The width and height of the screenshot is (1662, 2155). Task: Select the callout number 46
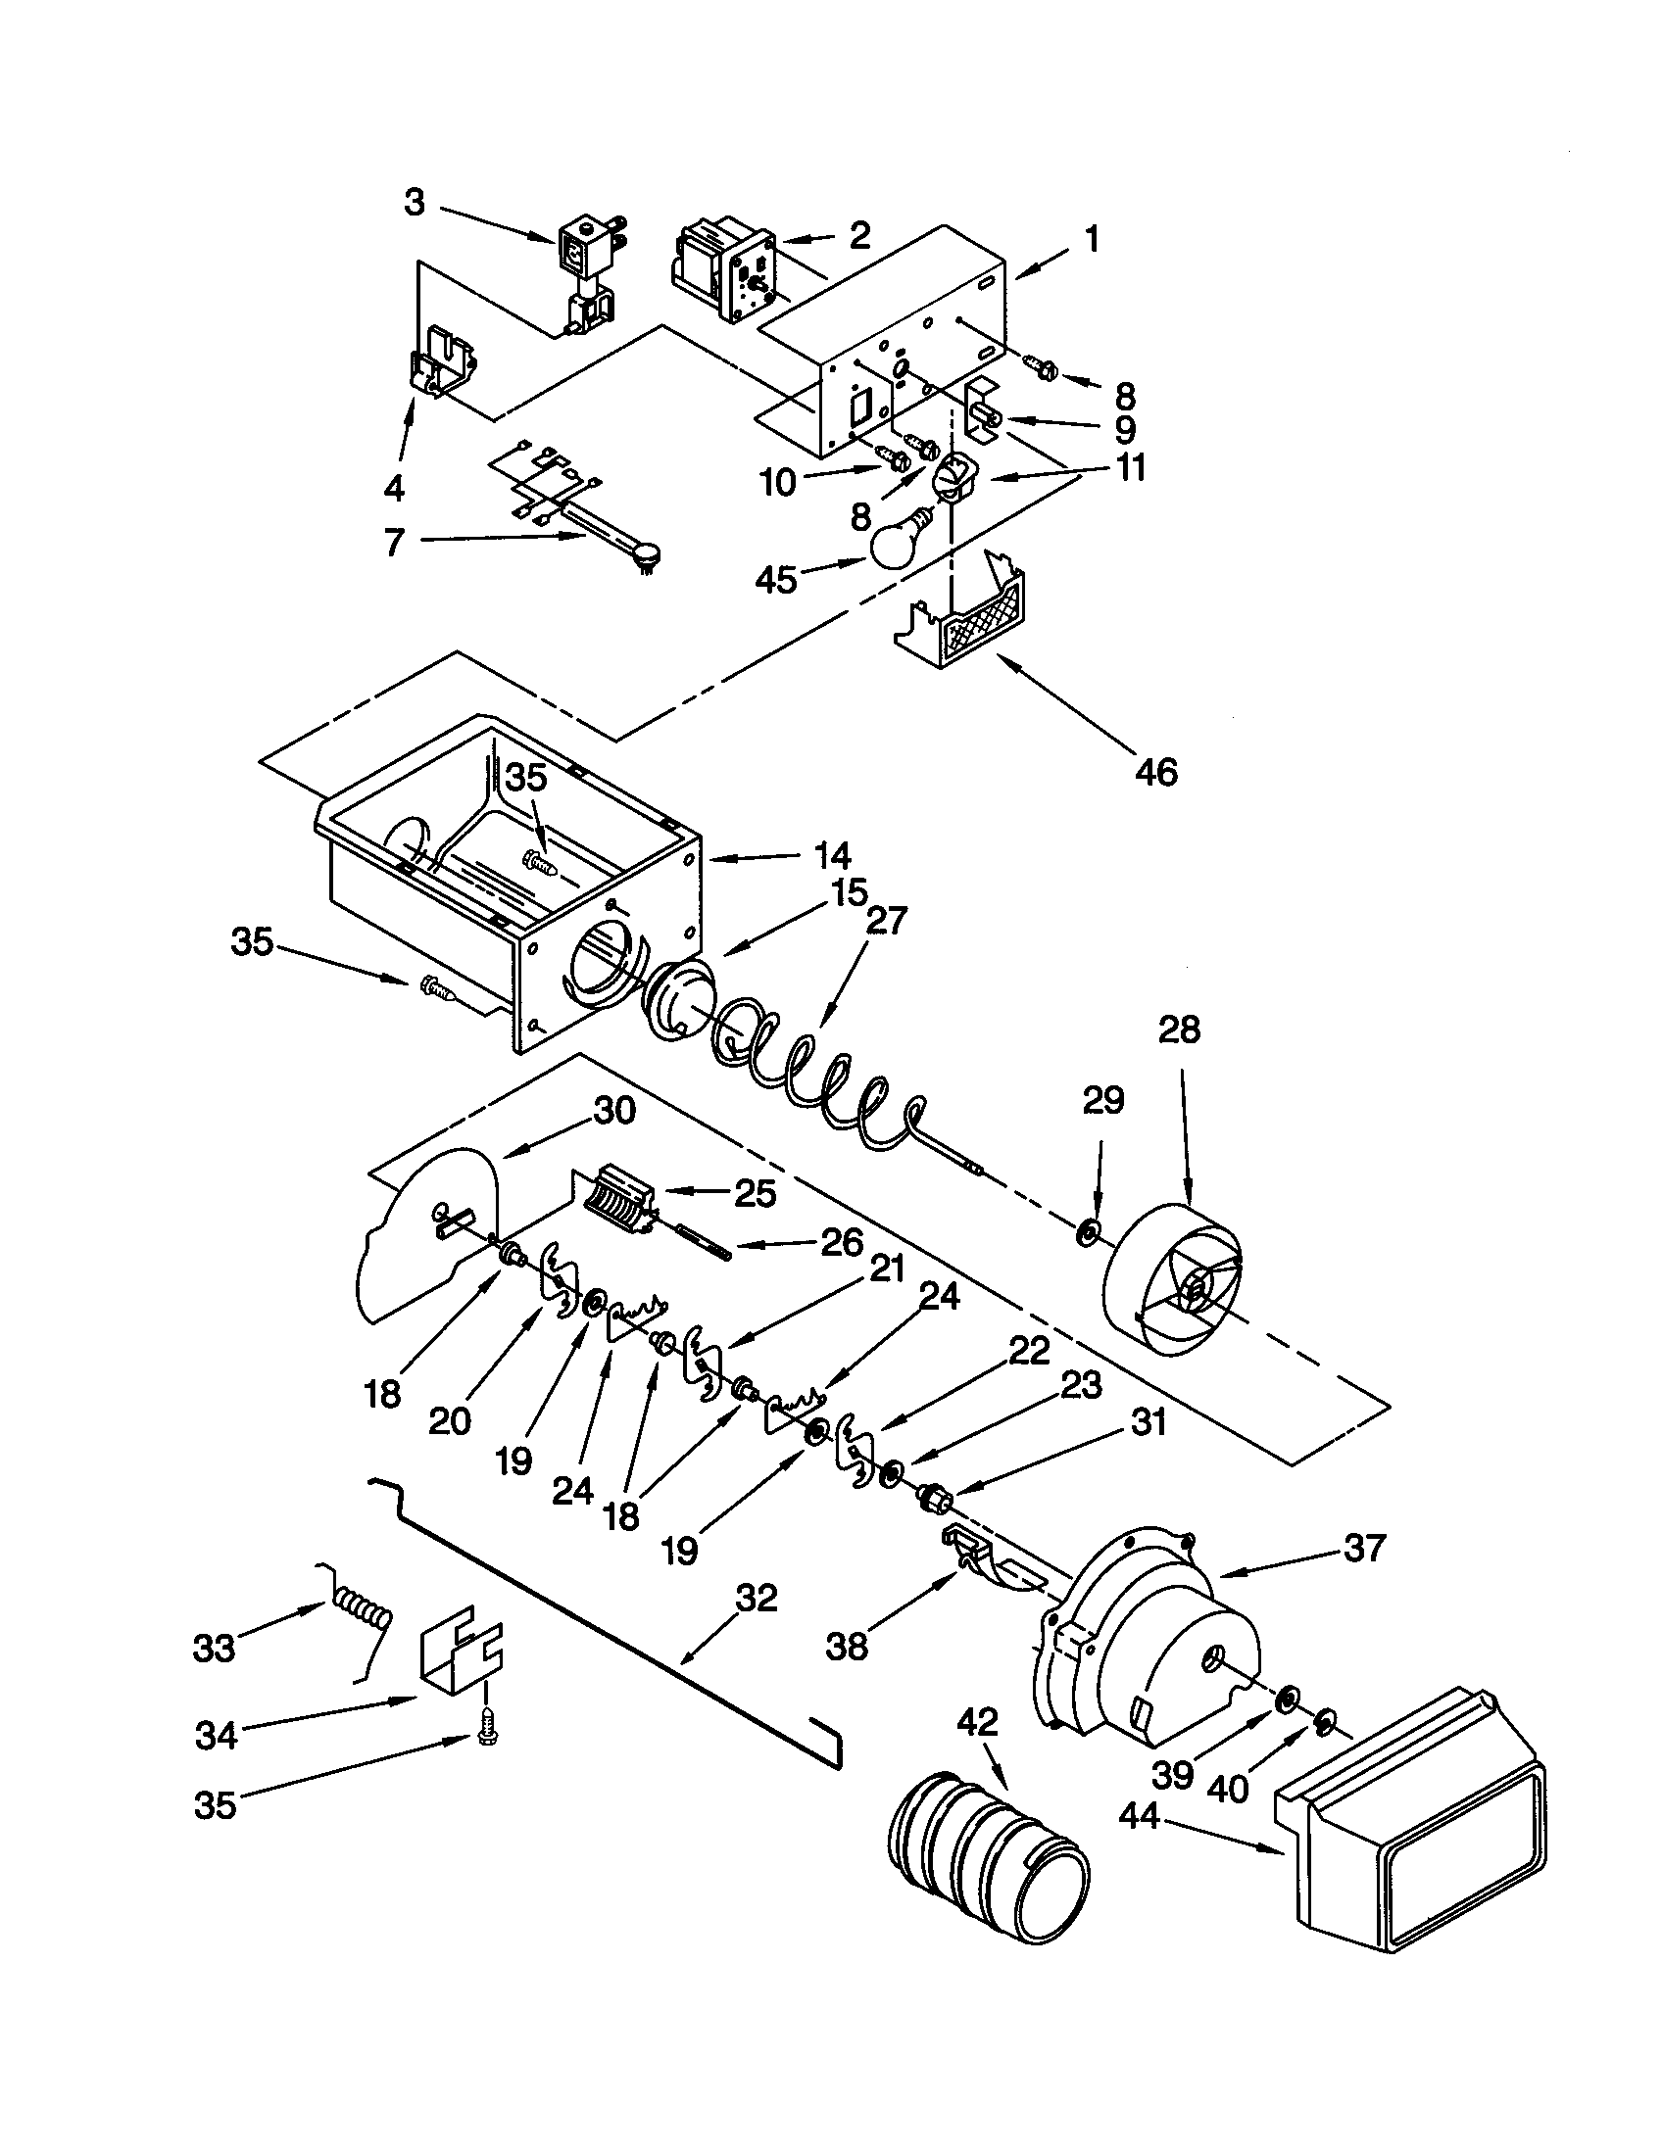pos(1155,772)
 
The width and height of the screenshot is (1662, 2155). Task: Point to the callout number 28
pos(1179,1030)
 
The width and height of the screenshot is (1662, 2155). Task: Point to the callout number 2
pos(859,235)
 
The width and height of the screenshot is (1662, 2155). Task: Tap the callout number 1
pos(1091,239)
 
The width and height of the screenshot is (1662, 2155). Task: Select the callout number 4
pos(395,487)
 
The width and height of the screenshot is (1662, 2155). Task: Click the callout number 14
pos(832,854)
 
